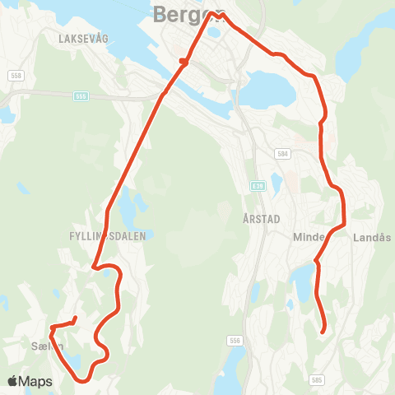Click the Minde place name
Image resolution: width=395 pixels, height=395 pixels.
309,237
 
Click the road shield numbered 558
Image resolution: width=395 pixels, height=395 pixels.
16,76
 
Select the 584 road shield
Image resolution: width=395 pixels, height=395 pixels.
282,153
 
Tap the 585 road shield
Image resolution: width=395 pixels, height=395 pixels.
318,379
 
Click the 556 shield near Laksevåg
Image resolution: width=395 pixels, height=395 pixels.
81,95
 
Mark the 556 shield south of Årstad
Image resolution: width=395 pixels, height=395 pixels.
236,341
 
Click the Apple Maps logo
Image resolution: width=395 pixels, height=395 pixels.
29,381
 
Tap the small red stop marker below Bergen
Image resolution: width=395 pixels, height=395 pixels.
184,60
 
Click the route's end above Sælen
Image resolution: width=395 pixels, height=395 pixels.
75,318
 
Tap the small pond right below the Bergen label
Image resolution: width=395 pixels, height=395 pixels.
214,33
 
